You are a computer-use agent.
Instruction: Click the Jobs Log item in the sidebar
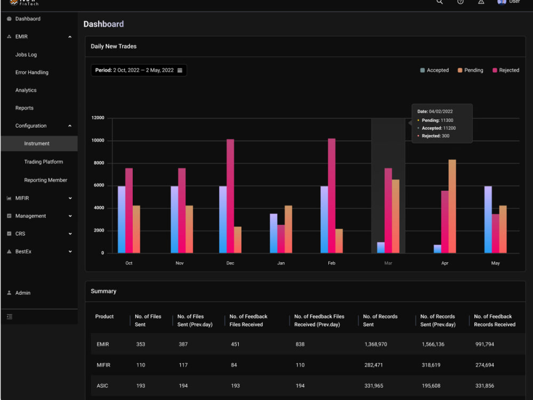coord(26,54)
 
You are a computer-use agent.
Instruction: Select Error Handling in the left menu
coord(31,72)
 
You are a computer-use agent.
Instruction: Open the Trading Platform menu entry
coord(44,162)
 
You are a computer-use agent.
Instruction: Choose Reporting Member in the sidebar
coord(45,180)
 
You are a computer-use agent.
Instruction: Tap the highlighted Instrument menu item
coord(37,144)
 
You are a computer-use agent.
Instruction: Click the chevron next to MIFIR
coord(70,198)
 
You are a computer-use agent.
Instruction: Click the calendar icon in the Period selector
coord(180,70)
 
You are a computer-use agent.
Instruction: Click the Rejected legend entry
coord(506,70)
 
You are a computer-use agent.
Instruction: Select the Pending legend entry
coord(471,70)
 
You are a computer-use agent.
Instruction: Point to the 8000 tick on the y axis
coord(99,163)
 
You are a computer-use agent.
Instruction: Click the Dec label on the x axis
coord(230,263)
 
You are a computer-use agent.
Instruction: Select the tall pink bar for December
coord(230,196)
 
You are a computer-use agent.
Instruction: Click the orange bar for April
coord(452,206)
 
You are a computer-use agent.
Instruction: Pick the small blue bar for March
coord(381,248)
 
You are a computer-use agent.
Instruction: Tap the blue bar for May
coord(488,219)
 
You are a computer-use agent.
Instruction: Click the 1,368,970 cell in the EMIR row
coord(376,344)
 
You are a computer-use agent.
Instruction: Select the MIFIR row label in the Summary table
coord(103,365)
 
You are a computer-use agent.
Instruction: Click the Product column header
coord(104,317)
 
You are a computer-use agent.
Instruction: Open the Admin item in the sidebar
coord(23,293)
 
